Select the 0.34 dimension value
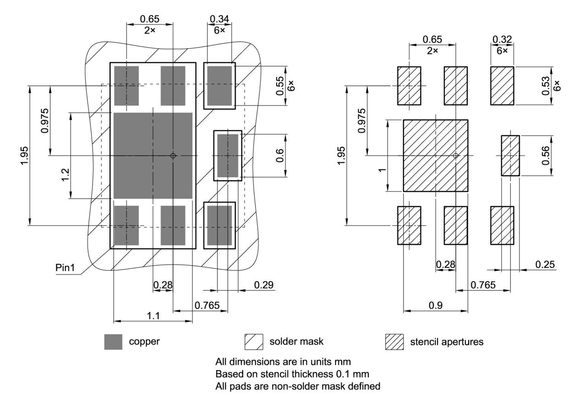[x=219, y=19]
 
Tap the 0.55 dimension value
[x=279, y=86]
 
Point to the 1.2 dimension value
[x=65, y=175]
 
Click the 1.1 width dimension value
[x=153, y=315]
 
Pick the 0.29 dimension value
[x=263, y=284]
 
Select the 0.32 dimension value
[x=502, y=39]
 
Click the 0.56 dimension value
[x=545, y=156]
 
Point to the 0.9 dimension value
[x=435, y=306]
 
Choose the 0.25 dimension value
[x=544, y=264]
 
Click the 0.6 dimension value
[x=279, y=156]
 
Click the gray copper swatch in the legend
[x=113, y=342]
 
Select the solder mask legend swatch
[x=254, y=342]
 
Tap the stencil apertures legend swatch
[x=394, y=342]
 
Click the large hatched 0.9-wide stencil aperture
[x=435, y=156]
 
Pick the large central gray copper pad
[x=153, y=156]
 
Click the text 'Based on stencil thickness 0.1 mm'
[x=292, y=373]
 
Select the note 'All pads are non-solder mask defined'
[x=298, y=386]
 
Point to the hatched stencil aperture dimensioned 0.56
[x=510, y=156]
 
